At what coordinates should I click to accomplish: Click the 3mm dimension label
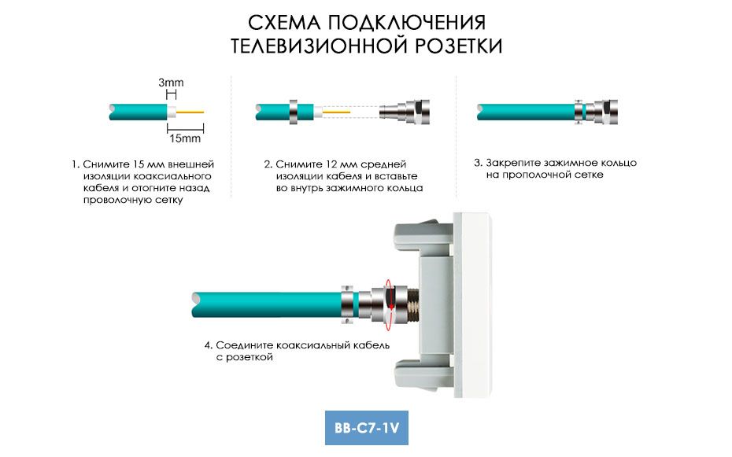(171, 83)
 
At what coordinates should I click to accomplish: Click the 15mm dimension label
(185, 138)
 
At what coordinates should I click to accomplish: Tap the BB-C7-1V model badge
(367, 428)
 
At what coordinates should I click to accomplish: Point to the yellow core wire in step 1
(190, 112)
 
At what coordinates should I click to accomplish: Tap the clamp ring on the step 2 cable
(294, 112)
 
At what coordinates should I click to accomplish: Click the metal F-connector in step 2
(405, 112)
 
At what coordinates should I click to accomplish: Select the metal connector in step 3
(597, 112)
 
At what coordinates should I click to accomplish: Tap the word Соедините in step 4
(244, 345)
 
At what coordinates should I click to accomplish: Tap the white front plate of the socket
(472, 305)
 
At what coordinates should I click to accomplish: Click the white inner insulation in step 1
(172, 112)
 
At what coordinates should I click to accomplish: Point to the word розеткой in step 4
(250, 358)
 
